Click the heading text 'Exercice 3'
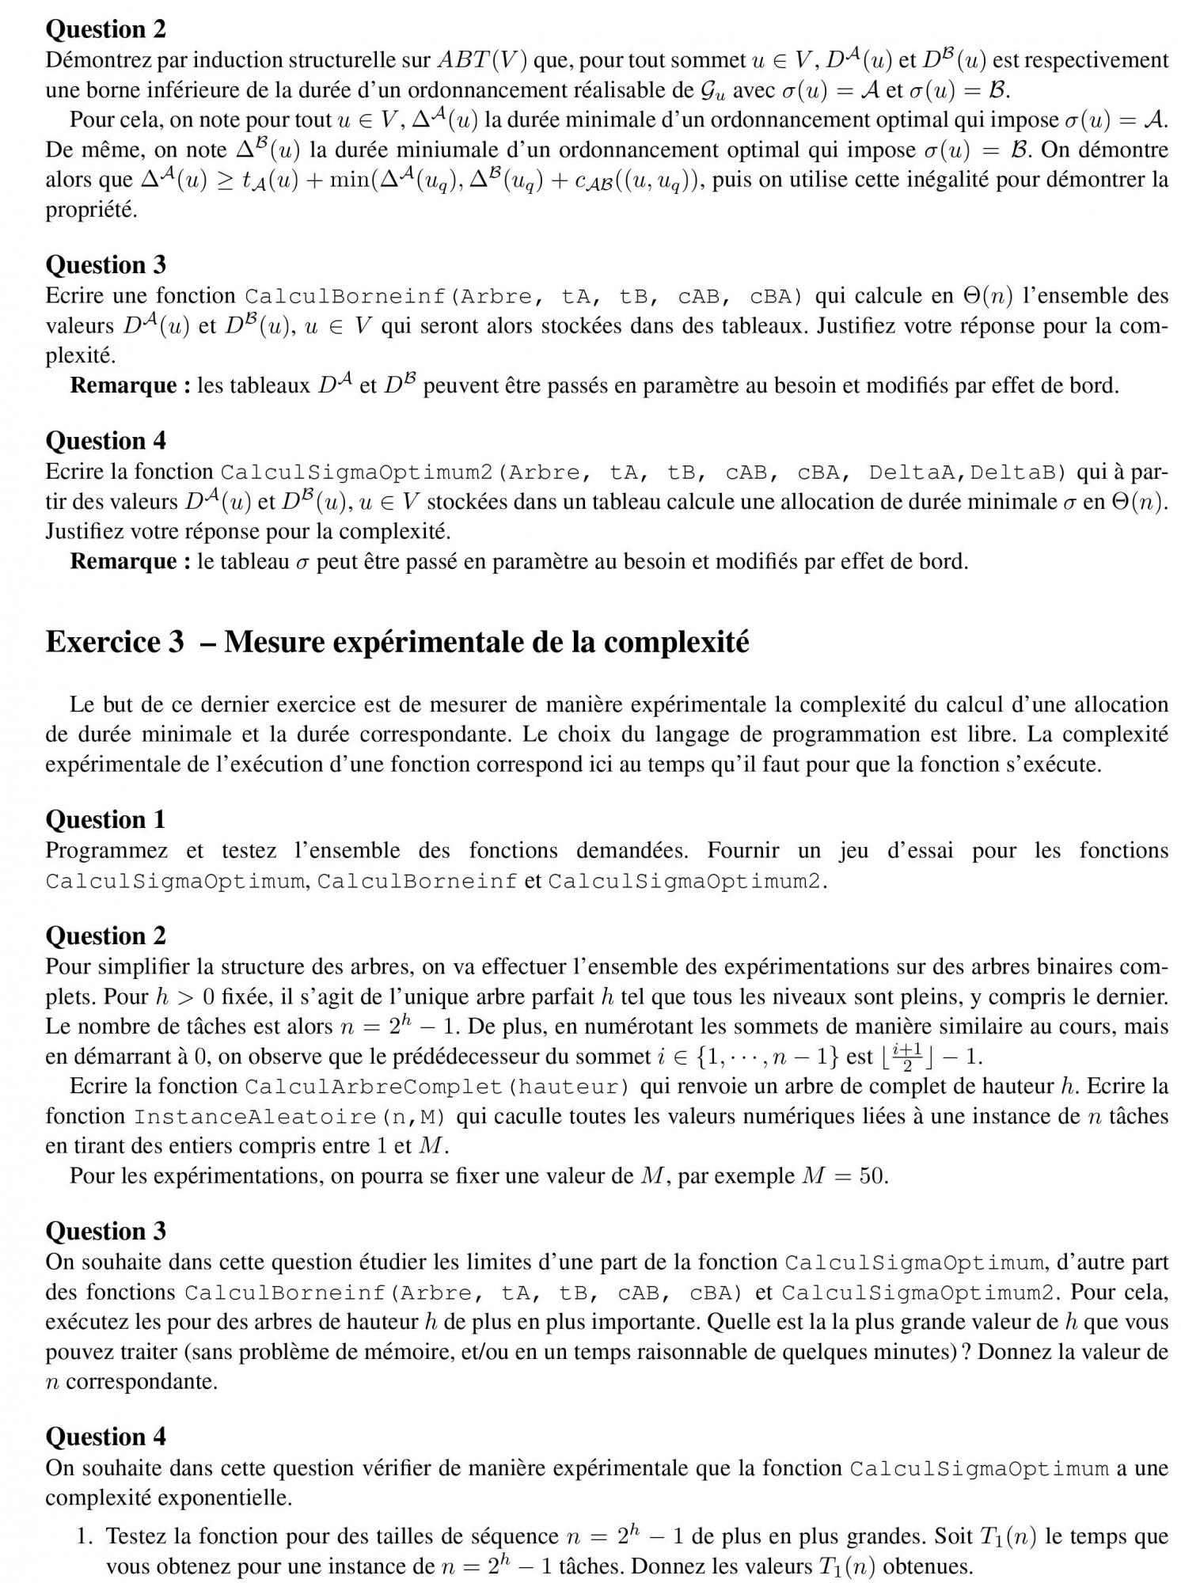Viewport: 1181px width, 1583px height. point(115,642)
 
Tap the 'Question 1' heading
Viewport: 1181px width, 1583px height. point(106,819)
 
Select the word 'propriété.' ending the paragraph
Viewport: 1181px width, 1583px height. point(91,210)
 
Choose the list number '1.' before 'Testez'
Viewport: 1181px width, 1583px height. point(85,1536)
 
